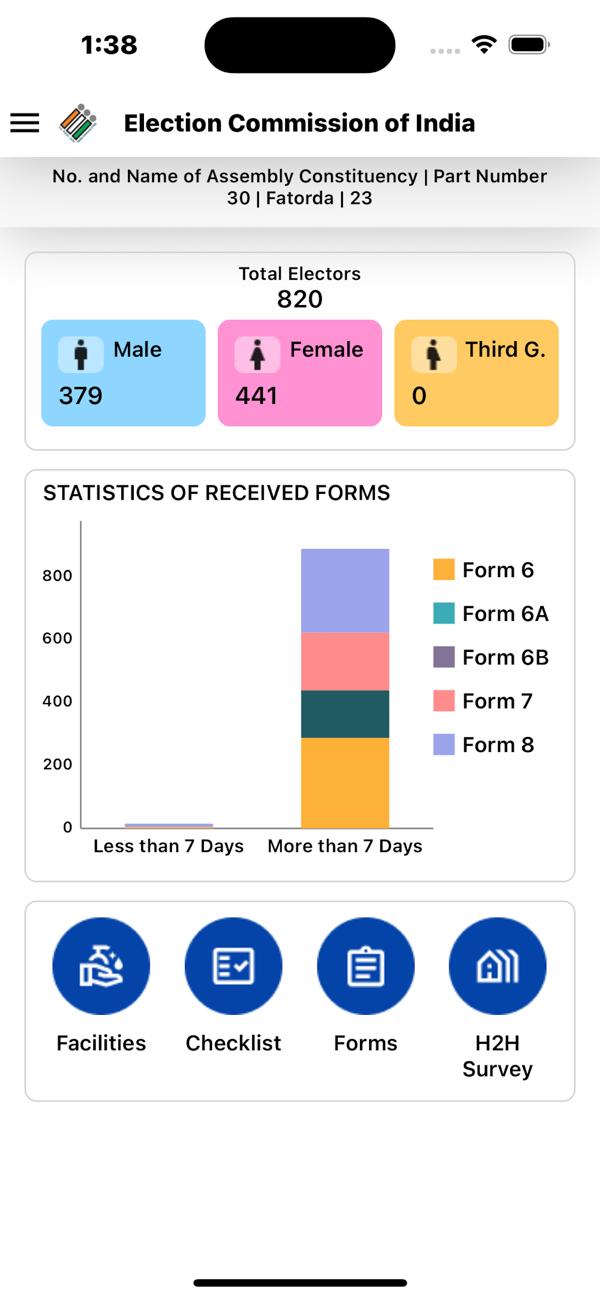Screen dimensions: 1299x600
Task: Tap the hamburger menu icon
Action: tap(25, 123)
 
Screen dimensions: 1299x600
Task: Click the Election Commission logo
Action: tap(78, 123)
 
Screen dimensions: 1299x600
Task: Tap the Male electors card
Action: tap(123, 373)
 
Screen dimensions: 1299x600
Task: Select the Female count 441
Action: tap(256, 395)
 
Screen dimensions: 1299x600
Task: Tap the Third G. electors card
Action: tap(476, 373)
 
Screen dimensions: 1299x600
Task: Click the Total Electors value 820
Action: tap(300, 299)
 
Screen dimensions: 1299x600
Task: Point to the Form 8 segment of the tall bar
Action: tap(345, 590)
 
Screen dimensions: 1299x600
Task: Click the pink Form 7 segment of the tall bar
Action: tap(345, 661)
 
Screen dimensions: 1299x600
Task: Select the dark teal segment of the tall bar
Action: tap(345, 714)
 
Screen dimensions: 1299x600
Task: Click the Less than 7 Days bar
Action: tap(169, 825)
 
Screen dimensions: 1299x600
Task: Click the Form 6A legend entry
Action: tap(491, 613)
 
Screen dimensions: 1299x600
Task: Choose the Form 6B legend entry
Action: tap(491, 657)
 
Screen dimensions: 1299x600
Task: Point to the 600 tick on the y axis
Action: tap(57, 638)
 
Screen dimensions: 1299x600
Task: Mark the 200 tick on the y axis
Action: tap(57, 765)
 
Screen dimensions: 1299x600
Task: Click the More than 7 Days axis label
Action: tap(345, 846)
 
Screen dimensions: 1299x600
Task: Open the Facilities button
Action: tap(101, 966)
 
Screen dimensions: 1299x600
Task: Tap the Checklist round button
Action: tap(233, 966)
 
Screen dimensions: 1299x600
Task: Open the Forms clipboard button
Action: tap(366, 966)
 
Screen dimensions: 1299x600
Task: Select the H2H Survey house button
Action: tap(498, 966)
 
